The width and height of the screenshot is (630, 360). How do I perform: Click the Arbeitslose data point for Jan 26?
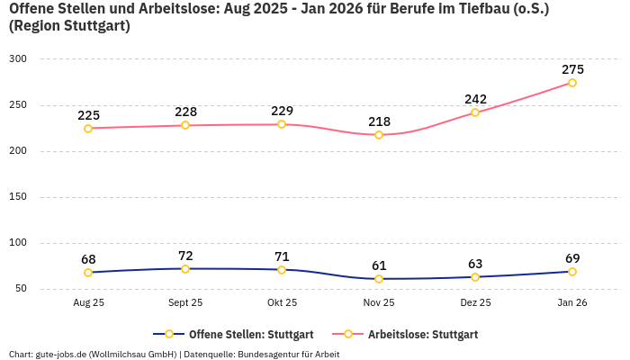[572, 83]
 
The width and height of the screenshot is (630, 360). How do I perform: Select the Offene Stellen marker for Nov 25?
[379, 279]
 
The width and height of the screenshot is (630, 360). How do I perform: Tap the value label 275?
[572, 69]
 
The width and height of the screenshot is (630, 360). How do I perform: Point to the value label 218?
[379, 121]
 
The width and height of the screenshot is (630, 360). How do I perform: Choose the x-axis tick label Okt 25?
[282, 303]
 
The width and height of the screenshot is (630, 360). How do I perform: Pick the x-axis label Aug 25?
[88, 303]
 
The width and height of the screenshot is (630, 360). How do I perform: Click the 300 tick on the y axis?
[18, 59]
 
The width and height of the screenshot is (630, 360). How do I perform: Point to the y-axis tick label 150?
[18, 197]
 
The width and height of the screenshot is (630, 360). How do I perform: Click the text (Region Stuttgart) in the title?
[69, 26]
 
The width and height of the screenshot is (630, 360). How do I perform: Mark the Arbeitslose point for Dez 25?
[475, 112]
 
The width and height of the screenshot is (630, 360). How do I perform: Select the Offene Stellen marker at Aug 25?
[88, 273]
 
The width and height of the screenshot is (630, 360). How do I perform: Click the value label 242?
[475, 99]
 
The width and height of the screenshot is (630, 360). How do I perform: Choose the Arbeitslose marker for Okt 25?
[282, 124]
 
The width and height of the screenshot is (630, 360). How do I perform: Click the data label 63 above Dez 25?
[475, 264]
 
